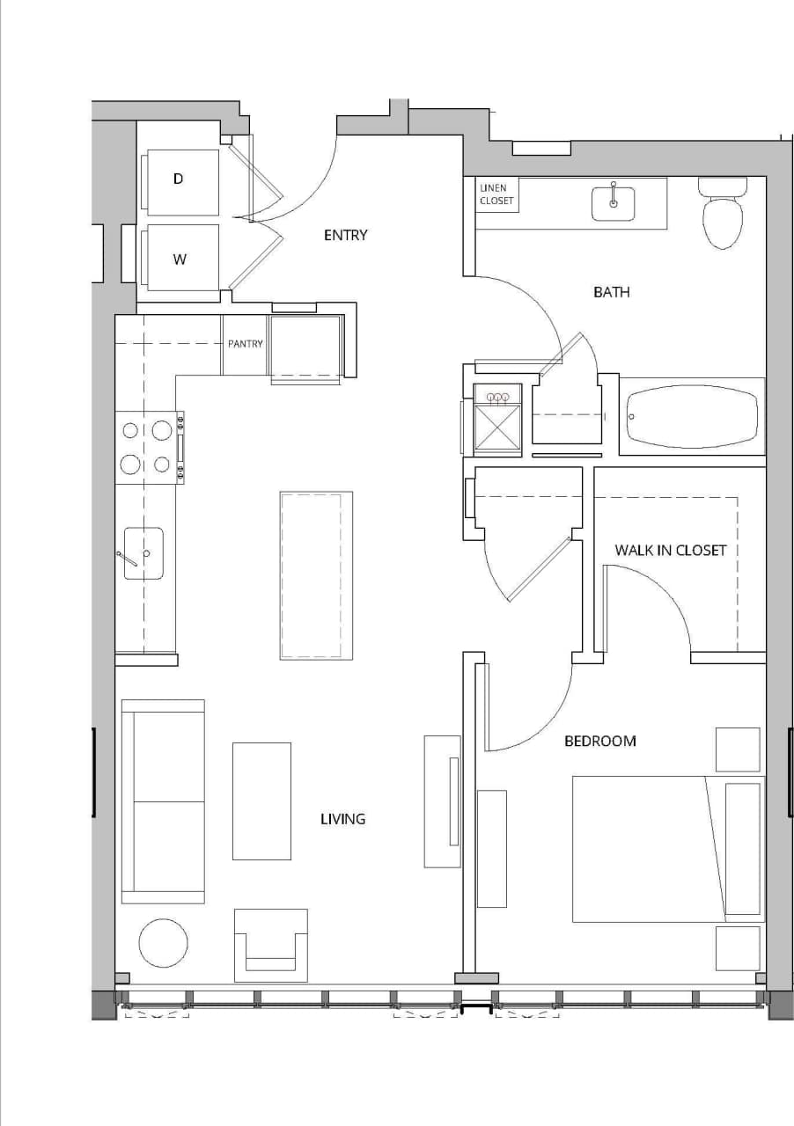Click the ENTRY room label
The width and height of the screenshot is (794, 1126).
tap(345, 235)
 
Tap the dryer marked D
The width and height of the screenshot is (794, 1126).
tap(182, 181)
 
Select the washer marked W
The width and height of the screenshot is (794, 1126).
tap(182, 258)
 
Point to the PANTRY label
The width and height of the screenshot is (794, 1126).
tap(245, 344)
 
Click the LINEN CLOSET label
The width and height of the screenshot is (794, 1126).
tap(496, 194)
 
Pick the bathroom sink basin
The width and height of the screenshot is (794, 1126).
tap(613, 202)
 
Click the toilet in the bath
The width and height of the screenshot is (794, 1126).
tap(722, 216)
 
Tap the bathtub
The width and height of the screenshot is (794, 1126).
tap(691, 416)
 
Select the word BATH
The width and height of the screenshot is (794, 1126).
tap(611, 291)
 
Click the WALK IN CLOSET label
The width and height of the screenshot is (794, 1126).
tap(670, 550)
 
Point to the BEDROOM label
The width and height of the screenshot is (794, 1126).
tap(599, 741)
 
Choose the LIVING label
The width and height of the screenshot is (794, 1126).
tap(342, 819)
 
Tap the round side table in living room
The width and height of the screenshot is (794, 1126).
tap(163, 943)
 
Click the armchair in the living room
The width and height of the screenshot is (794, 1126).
tap(270, 946)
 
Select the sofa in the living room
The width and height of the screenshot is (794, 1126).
tap(164, 801)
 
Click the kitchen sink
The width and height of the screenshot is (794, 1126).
tap(143, 553)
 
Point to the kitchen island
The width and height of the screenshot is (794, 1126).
tap(316, 575)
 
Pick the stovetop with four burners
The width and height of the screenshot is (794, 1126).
tap(147, 447)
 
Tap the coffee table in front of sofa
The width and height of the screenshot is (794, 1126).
tap(261, 801)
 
